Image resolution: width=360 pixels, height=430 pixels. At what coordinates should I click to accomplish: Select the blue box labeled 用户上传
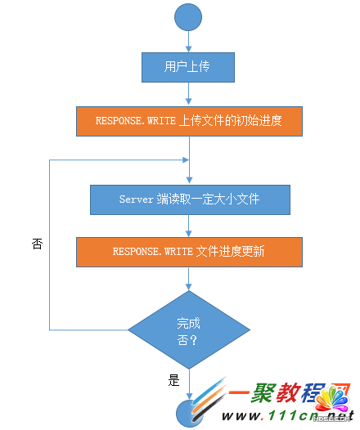click(189, 67)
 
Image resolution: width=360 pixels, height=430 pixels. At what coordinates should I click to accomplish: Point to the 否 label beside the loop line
click(38, 244)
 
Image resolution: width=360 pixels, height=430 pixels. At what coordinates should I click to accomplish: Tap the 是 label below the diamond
click(173, 379)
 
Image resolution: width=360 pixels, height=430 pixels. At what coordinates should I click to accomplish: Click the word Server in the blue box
click(137, 199)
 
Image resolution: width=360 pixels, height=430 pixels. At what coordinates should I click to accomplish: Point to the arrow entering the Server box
click(189, 172)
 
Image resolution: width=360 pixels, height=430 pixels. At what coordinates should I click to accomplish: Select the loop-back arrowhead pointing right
click(183, 159)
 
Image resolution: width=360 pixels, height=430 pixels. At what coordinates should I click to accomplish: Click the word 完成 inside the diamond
click(189, 322)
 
